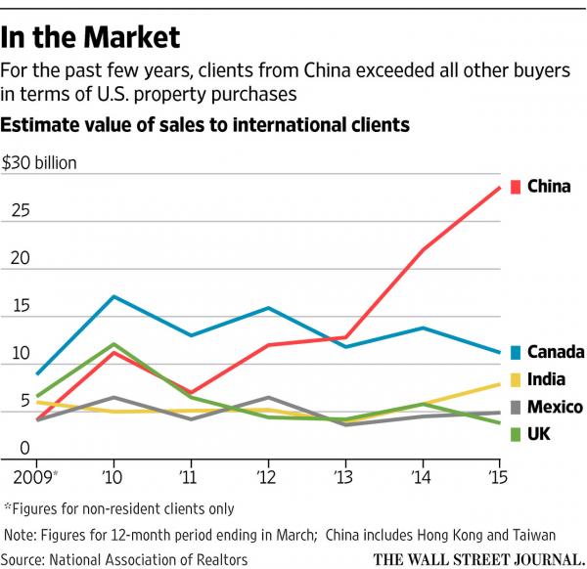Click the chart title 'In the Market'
91,37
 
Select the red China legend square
517,186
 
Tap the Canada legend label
556,352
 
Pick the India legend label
546,379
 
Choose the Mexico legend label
555,407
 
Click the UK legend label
538,433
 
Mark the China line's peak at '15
500,188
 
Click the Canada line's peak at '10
114,296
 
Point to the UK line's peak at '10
114,344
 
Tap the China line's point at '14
422,250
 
